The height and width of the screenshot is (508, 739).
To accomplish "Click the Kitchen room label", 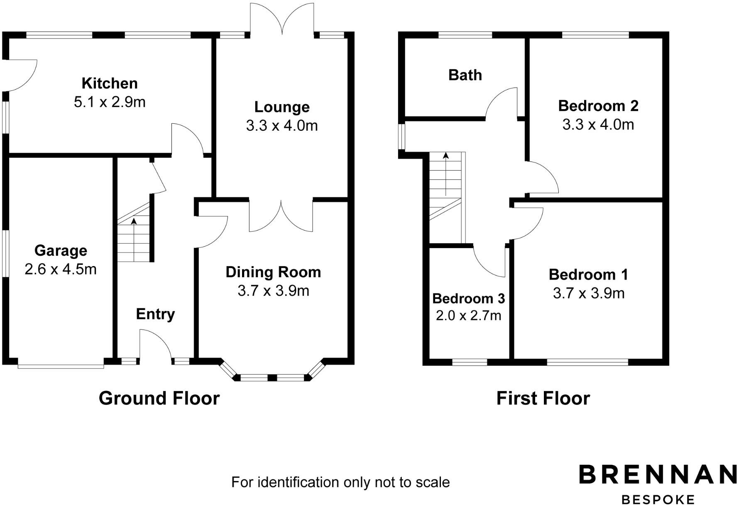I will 110,83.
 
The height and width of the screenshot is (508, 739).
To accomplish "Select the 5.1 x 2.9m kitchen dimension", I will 110,102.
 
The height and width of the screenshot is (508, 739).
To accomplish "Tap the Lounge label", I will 282,107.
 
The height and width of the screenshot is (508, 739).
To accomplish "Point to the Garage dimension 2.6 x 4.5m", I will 61,269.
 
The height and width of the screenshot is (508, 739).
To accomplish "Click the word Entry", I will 155,314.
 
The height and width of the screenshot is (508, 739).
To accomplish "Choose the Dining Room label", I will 273,272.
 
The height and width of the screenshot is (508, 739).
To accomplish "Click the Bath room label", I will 465,75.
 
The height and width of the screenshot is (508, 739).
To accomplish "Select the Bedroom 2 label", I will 598,106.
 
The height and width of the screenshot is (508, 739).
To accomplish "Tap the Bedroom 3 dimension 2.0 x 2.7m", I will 468,316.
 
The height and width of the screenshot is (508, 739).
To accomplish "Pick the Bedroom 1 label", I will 588,275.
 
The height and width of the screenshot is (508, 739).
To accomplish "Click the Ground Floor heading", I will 159,398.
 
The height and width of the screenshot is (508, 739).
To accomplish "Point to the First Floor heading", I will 543,398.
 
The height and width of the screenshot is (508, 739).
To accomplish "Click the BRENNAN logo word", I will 658,474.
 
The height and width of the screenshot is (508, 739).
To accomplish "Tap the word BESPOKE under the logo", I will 658,500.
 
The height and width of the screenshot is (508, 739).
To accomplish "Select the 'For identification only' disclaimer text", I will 340,482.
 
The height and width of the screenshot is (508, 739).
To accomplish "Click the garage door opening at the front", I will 61,365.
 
